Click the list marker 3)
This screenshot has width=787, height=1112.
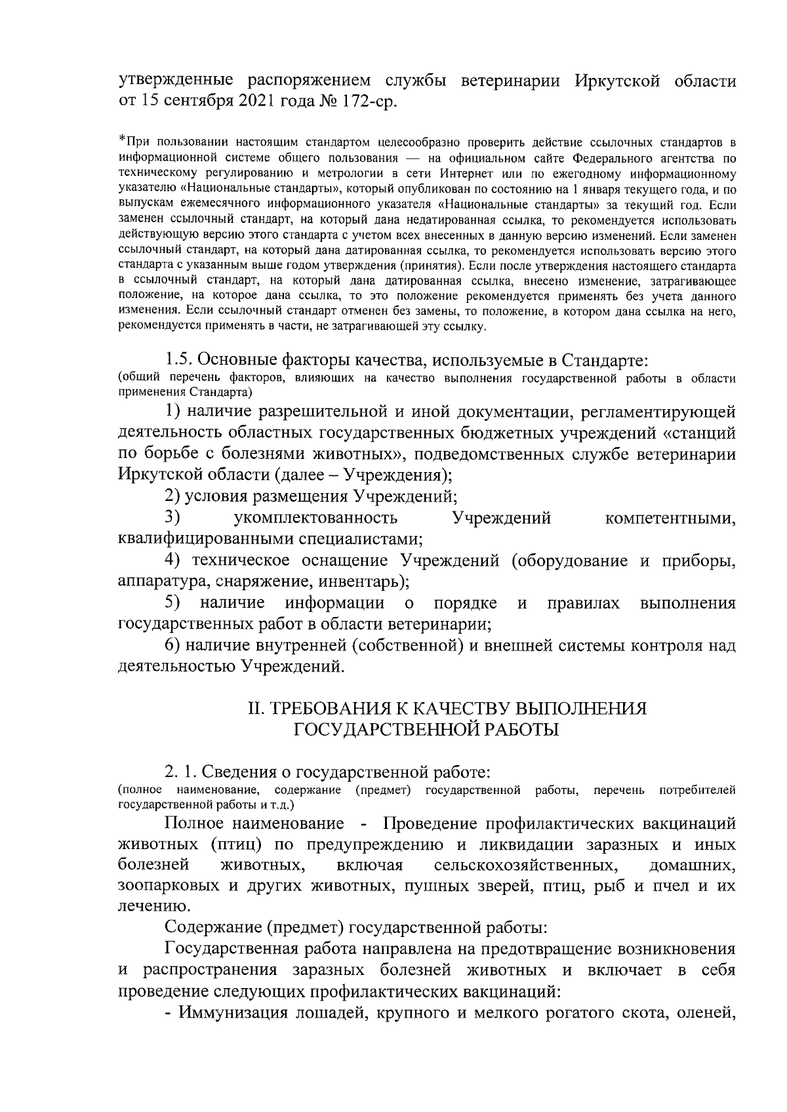coord(173,517)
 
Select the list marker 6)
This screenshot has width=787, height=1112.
coord(173,645)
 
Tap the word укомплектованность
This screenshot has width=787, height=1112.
coord(315,518)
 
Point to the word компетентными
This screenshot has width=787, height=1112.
coord(670,518)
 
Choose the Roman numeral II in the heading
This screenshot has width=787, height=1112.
coord(254,709)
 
